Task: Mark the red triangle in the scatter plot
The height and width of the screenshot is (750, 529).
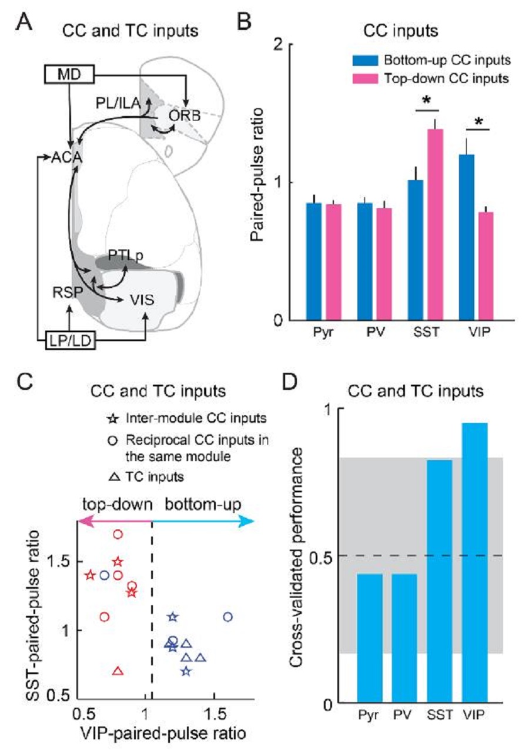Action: coord(118,671)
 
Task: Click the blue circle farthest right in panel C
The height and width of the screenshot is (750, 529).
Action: coord(228,616)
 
